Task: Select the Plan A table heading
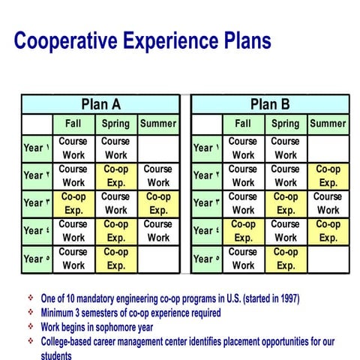pyautogui.click(x=100, y=104)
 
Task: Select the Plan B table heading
pyautogui.click(x=270, y=104)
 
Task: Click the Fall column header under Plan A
pyautogui.click(x=73, y=124)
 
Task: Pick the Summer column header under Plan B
pyautogui.click(x=328, y=124)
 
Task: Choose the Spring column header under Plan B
pyautogui.click(x=285, y=124)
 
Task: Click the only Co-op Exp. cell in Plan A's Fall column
pyautogui.click(x=73, y=203)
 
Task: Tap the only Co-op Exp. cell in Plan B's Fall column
pyautogui.click(x=243, y=230)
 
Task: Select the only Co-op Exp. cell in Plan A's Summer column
pyautogui.click(x=158, y=203)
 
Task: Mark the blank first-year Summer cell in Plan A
pyautogui.click(x=158, y=148)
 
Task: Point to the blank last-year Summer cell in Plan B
pyautogui.click(x=328, y=259)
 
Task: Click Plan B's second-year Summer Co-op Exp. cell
pyautogui.click(x=328, y=175)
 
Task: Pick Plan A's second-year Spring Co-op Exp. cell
pyautogui.click(x=115, y=175)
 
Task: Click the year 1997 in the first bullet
pyautogui.click(x=286, y=298)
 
